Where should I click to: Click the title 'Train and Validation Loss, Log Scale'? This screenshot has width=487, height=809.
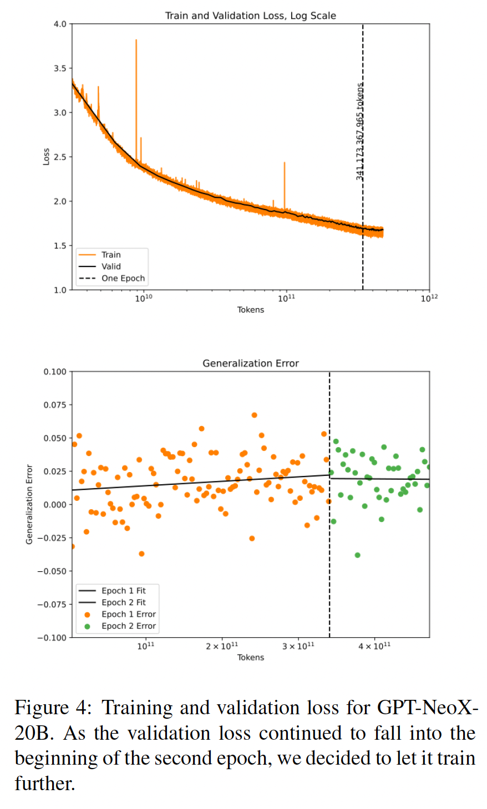[250, 16]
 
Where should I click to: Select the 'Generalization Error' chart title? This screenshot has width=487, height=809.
[250, 363]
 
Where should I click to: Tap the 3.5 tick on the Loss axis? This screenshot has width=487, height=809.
[59, 68]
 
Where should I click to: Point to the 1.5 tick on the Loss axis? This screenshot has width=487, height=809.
[59, 245]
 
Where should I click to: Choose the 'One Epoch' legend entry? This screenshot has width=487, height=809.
[123, 278]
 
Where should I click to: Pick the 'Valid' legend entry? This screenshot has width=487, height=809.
[111, 267]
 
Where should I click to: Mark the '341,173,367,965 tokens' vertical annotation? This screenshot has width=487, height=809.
[360, 131]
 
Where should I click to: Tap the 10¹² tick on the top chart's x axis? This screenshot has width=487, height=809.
[429, 298]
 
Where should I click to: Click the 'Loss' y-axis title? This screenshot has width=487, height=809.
[46, 156]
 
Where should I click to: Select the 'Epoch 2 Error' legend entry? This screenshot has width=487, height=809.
[128, 626]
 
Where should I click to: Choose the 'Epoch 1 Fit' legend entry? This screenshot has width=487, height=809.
[123, 591]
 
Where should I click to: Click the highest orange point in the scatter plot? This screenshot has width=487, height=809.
[254, 415]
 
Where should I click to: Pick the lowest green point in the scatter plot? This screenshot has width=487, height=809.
[357, 555]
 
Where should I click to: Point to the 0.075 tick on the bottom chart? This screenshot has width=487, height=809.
[55, 405]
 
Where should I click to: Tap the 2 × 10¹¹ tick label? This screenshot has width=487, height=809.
[222, 646]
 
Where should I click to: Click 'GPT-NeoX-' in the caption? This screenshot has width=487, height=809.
[427, 708]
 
